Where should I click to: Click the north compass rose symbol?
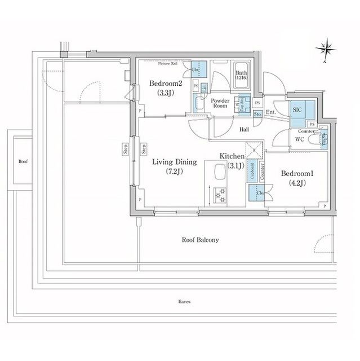click(x=326, y=49)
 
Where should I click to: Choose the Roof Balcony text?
click(x=200, y=240)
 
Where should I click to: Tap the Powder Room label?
click(x=219, y=104)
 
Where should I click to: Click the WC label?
click(x=299, y=139)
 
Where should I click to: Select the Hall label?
click(x=245, y=129)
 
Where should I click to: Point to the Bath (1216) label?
click(x=241, y=76)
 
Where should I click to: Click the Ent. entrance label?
click(x=271, y=112)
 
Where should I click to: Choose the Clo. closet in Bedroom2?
click(x=198, y=70)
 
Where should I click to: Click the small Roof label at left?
click(x=23, y=161)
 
